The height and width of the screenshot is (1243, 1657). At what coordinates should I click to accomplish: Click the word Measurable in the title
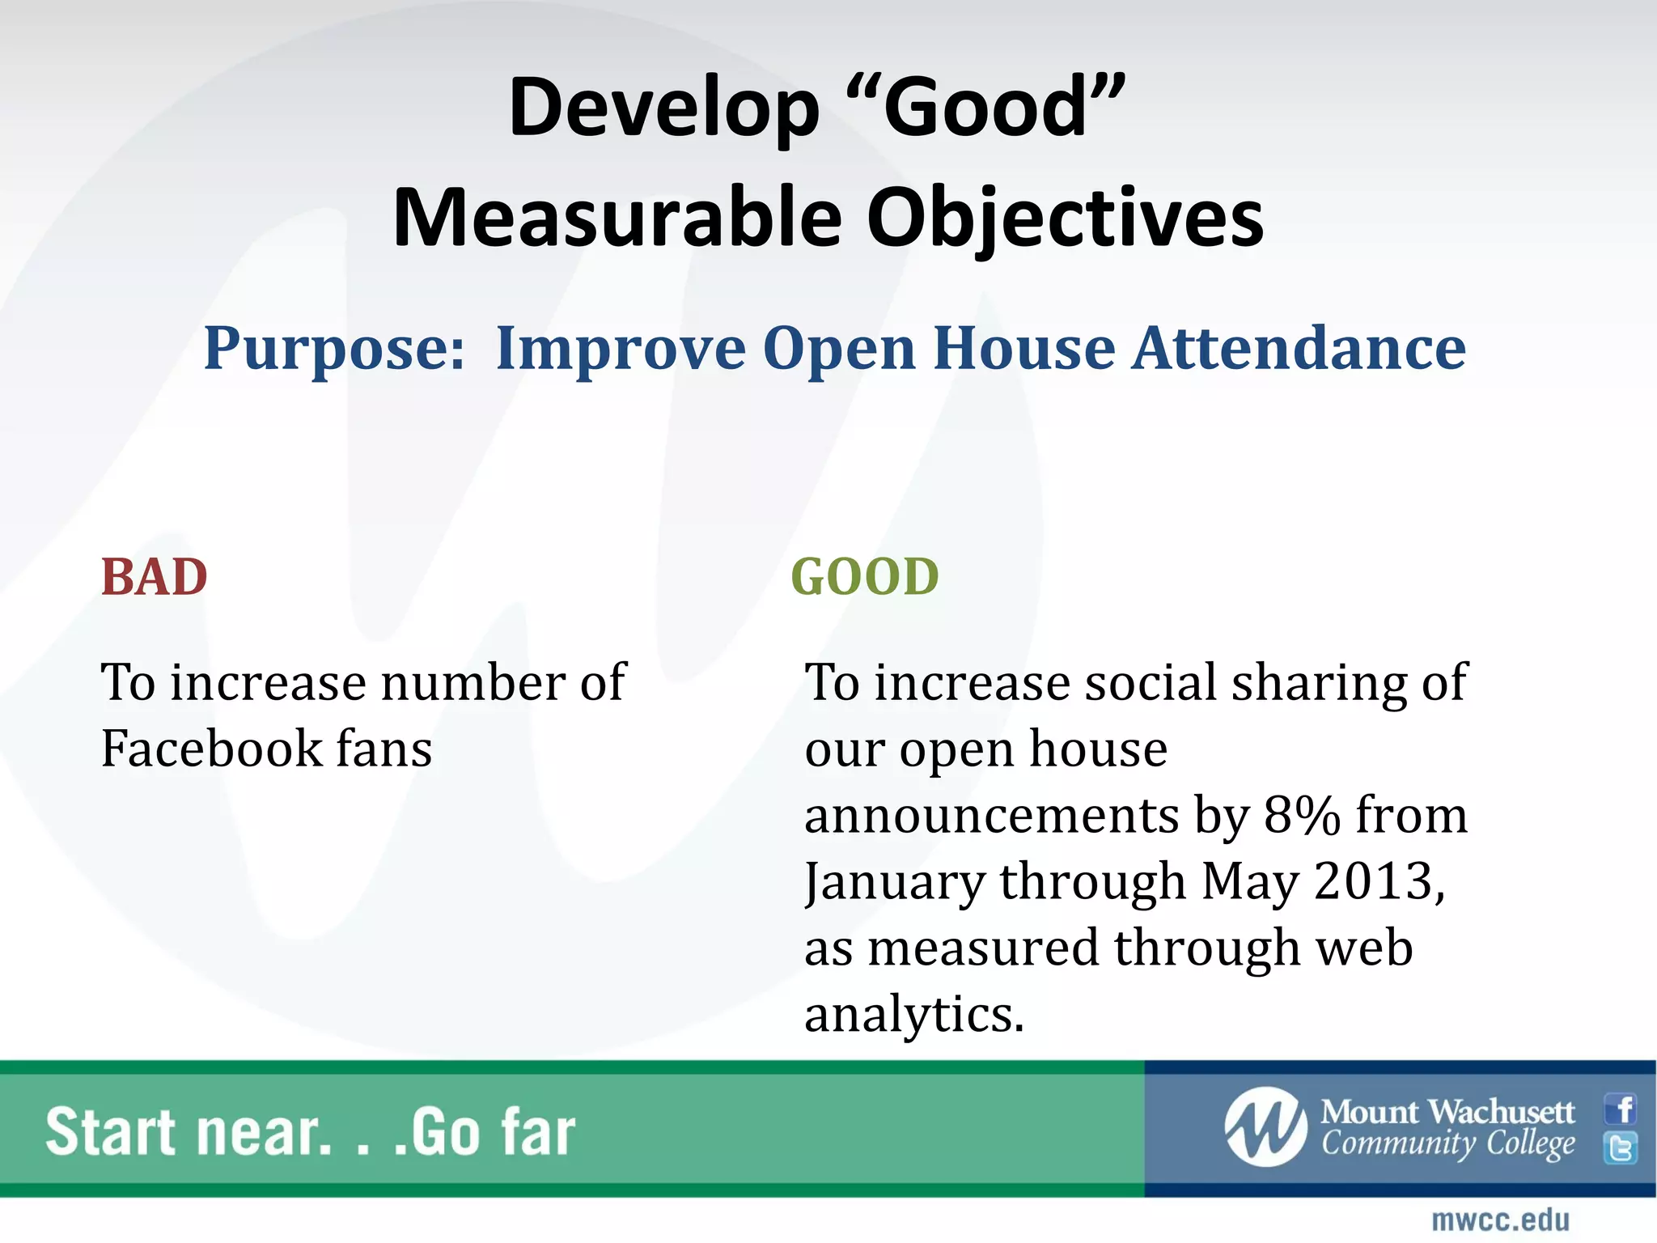pos(617,218)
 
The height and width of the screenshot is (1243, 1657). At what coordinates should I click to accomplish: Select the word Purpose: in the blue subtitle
pos(334,349)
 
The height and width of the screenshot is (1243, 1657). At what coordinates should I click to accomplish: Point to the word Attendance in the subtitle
pos(1298,349)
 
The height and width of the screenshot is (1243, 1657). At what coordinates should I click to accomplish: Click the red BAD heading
pos(154,578)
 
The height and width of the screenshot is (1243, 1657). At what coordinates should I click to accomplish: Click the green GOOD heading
pos(864,578)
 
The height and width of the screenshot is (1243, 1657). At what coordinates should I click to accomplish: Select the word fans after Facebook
pos(384,749)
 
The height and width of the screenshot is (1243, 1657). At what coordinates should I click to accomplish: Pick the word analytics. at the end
pos(914,1015)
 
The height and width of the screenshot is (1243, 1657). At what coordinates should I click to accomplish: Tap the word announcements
pos(991,815)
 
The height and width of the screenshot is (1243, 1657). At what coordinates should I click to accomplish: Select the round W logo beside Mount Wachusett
pos(1265,1127)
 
